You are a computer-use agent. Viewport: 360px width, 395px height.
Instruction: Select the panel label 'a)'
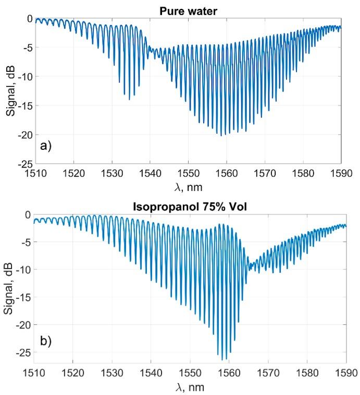pyautogui.click(x=46, y=146)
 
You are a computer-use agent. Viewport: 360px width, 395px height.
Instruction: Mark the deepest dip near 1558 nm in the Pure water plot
pyautogui.click(x=221, y=135)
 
